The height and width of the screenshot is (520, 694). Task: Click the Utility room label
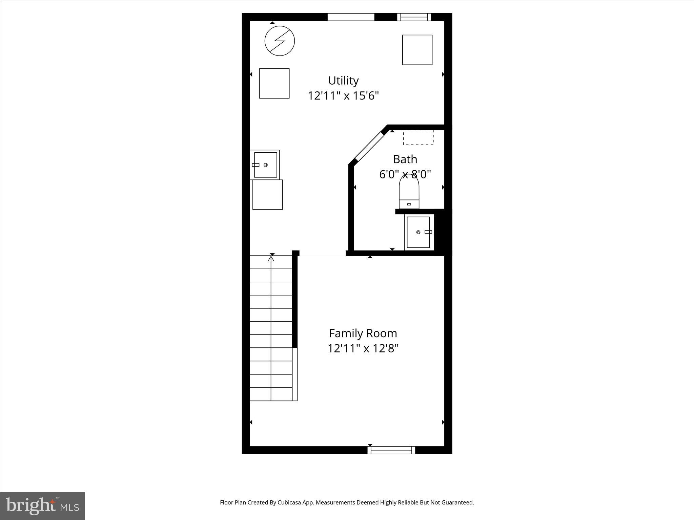click(x=343, y=81)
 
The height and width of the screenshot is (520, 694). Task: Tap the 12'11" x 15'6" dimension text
click(x=343, y=96)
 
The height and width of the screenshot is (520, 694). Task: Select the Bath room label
click(x=405, y=159)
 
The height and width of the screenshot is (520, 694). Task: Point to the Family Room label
click(x=363, y=333)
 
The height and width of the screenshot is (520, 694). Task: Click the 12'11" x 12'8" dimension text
click(x=363, y=348)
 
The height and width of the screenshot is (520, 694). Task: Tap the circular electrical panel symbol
click(x=280, y=41)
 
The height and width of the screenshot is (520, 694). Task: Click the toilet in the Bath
click(x=409, y=192)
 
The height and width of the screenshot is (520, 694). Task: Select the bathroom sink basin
click(x=418, y=232)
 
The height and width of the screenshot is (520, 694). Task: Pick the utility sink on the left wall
click(x=266, y=165)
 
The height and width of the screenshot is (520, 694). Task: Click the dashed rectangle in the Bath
click(x=418, y=137)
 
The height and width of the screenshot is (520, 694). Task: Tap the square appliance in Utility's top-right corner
click(x=417, y=50)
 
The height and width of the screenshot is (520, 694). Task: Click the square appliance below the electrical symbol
click(x=274, y=83)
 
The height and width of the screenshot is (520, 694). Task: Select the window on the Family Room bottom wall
click(x=391, y=450)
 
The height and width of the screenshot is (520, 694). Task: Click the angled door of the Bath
click(x=370, y=146)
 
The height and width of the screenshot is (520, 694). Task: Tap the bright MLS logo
click(x=42, y=506)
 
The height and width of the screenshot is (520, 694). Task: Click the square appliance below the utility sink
click(x=267, y=195)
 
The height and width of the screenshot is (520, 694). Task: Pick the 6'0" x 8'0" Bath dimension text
click(x=405, y=174)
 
